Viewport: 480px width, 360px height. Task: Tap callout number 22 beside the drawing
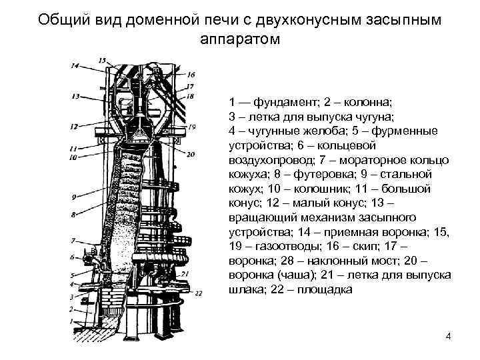tap(198, 291)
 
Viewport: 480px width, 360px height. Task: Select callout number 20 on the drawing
tap(191, 154)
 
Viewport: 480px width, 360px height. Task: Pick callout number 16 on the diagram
tap(191, 74)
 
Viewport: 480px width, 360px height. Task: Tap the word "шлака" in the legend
tap(245, 289)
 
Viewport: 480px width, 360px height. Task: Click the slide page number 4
tap(448, 336)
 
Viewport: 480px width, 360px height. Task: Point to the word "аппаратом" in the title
tap(240, 39)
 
